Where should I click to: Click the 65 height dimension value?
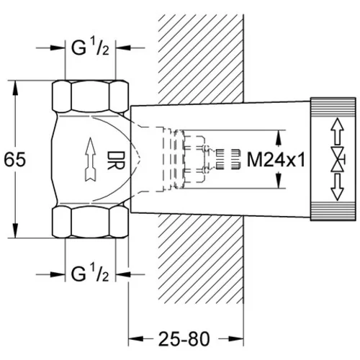(x=15, y=160)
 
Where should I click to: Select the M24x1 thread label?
(x=276, y=160)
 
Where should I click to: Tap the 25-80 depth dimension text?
(x=184, y=339)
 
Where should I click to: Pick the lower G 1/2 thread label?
(x=90, y=274)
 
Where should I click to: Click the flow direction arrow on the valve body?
(x=91, y=160)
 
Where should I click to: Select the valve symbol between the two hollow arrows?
(x=338, y=159)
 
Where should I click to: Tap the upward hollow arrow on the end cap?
(x=337, y=131)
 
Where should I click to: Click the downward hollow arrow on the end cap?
(x=337, y=187)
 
